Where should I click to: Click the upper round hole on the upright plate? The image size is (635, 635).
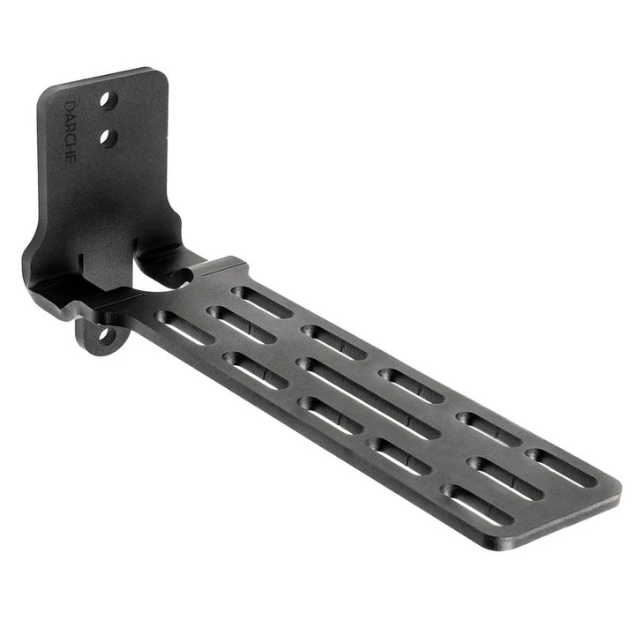(x=107, y=101)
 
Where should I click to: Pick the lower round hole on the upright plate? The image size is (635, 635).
(x=108, y=137)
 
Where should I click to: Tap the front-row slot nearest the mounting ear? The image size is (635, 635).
(x=184, y=327)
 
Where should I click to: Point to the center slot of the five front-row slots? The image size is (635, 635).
(x=330, y=415)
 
